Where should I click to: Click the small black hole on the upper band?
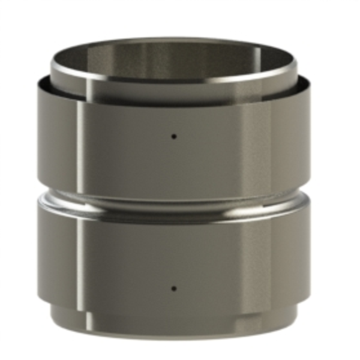[174, 136]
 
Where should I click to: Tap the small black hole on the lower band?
[174, 288]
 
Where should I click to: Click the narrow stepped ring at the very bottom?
[174, 321]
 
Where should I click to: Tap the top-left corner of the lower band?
[37, 208]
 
